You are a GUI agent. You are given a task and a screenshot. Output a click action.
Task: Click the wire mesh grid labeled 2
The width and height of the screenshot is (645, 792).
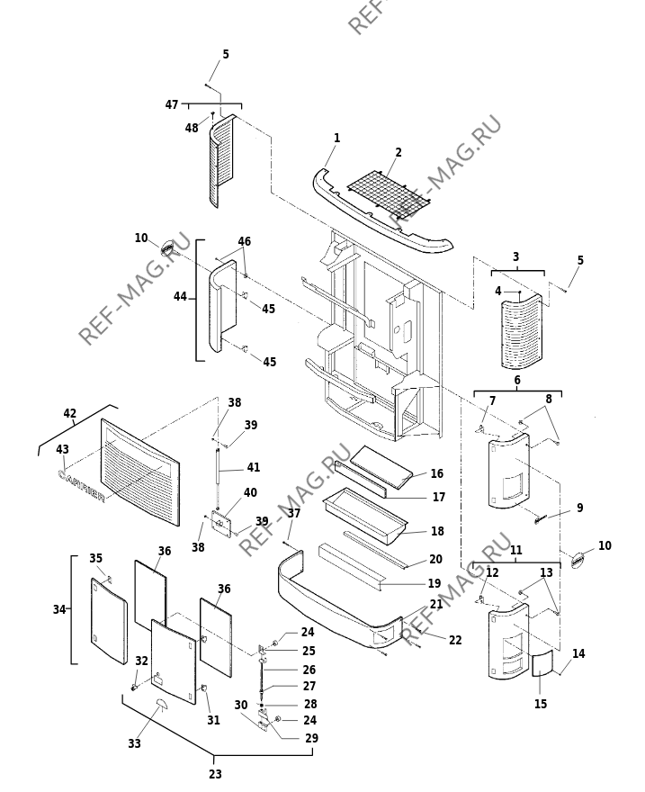pos(388,193)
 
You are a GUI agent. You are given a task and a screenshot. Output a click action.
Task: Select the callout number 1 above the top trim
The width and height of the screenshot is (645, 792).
pos(336,138)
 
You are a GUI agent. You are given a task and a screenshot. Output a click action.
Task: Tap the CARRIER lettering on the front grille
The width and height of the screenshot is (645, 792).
pos(82,486)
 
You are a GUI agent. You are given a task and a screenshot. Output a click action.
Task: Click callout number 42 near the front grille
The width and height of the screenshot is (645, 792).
pos(69,413)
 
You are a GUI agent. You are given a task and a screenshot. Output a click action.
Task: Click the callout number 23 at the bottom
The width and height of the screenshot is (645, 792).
pos(216,774)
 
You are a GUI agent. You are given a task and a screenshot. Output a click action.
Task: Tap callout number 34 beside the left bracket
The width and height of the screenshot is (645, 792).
pos(59,609)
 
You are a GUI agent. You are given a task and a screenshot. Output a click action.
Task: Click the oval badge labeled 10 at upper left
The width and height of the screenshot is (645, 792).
pos(167,248)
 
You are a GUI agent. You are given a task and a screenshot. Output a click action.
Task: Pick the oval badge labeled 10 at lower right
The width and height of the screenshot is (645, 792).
pos(578,560)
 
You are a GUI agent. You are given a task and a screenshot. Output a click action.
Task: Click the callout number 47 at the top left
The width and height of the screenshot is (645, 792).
pos(172,104)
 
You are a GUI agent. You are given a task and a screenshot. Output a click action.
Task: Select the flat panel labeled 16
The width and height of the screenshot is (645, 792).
pos(381,467)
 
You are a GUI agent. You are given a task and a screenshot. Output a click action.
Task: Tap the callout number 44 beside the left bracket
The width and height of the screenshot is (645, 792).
pos(180,297)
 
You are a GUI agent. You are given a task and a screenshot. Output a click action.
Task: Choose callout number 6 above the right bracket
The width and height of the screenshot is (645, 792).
pos(517,380)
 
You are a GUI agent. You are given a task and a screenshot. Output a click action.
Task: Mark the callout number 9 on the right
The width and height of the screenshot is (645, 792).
pos(579,508)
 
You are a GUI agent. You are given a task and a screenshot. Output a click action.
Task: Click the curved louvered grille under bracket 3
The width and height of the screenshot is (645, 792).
pos(522,331)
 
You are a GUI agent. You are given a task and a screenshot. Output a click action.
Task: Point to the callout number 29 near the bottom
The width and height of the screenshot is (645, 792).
pos(311,738)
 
